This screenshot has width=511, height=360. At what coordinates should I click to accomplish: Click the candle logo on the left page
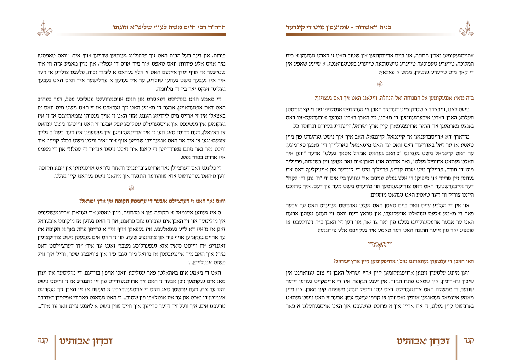pos(44,28)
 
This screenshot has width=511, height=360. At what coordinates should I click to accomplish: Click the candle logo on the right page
pos(466,28)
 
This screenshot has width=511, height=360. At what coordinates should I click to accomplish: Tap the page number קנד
pos(469,341)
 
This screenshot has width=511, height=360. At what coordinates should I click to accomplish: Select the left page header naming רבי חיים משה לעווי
pos(169,27)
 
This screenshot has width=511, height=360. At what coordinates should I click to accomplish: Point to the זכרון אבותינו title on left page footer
pos(86,341)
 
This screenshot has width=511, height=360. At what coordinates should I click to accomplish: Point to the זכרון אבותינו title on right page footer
pos(423,341)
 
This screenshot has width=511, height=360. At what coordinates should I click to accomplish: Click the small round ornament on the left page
pos(131,188)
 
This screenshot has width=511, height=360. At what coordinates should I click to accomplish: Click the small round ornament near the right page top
pos(380,84)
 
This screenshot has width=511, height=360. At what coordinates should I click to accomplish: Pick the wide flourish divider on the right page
pos(380,244)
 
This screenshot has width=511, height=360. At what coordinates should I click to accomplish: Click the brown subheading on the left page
pos(152,201)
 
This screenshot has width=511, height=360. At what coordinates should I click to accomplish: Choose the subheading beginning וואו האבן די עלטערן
pos(403,261)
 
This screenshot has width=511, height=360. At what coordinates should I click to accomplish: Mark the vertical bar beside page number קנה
pos(55,346)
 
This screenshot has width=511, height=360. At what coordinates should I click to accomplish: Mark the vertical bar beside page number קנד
pos(456,346)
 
